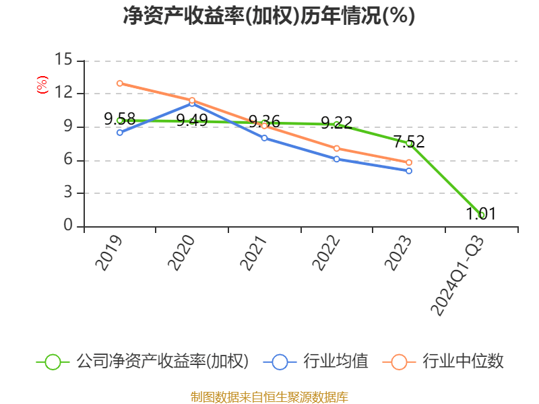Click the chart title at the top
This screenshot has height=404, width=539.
pos(269,16)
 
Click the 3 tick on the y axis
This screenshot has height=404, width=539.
pos(67,193)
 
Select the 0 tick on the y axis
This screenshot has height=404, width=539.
pos(67,226)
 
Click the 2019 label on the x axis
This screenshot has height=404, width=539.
pos(108,253)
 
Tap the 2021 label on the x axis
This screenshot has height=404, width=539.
pos(253,253)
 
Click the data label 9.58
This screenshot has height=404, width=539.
pos(119,119)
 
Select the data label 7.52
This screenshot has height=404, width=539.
pos(409,141)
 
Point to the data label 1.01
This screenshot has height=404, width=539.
pos(481,214)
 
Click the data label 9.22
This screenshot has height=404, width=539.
pos(336,123)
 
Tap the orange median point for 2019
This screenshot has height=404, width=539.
pos(119,83)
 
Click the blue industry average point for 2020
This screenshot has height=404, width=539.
pos(192,104)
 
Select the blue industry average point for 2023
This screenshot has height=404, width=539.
pos(409,171)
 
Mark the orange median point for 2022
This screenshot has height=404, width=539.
pos(336,148)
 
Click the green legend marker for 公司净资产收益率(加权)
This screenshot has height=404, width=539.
pos(53,362)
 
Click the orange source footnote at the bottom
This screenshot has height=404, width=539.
pos(269,397)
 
